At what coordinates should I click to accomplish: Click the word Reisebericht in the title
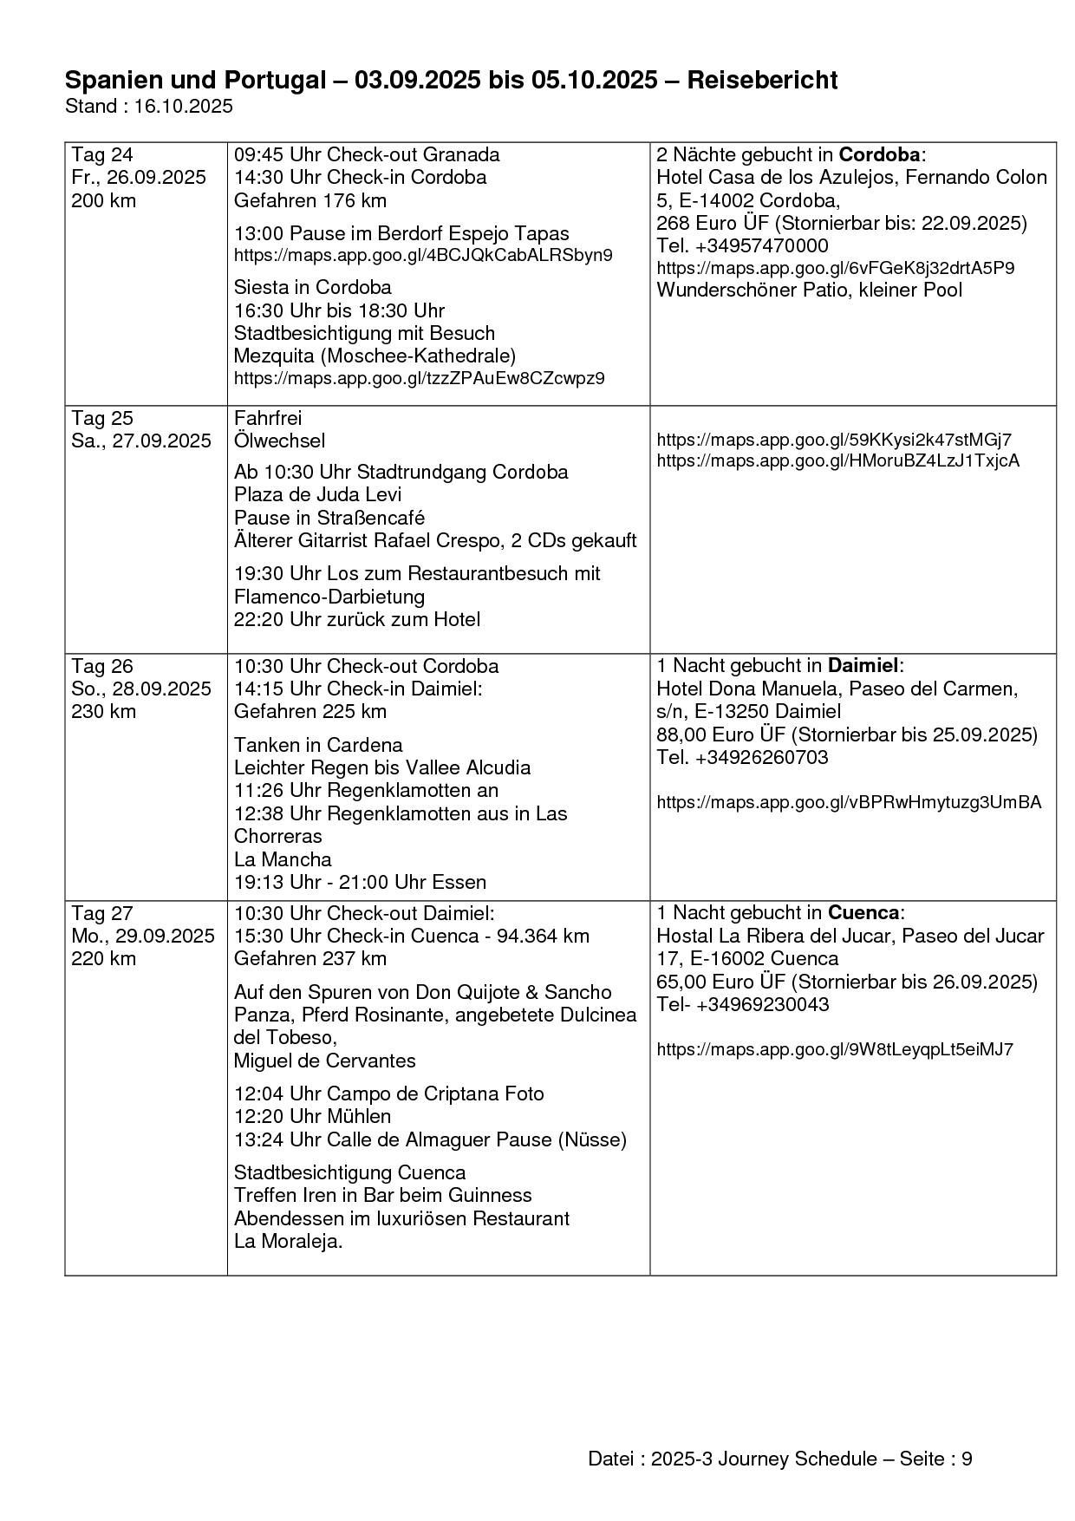(762, 81)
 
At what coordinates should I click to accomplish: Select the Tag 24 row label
(102, 155)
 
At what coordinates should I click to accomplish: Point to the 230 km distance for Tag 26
(103, 711)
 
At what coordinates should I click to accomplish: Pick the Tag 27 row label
(102, 913)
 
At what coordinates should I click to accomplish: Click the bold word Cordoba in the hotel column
(879, 155)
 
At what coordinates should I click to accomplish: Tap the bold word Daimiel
(863, 666)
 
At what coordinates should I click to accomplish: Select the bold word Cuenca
(863, 913)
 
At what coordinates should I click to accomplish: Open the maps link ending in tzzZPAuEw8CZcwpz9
(420, 378)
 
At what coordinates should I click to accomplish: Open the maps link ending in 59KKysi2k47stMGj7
(833, 440)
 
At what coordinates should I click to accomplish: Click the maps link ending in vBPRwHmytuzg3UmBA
(849, 802)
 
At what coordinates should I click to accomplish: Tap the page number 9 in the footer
(967, 1459)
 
